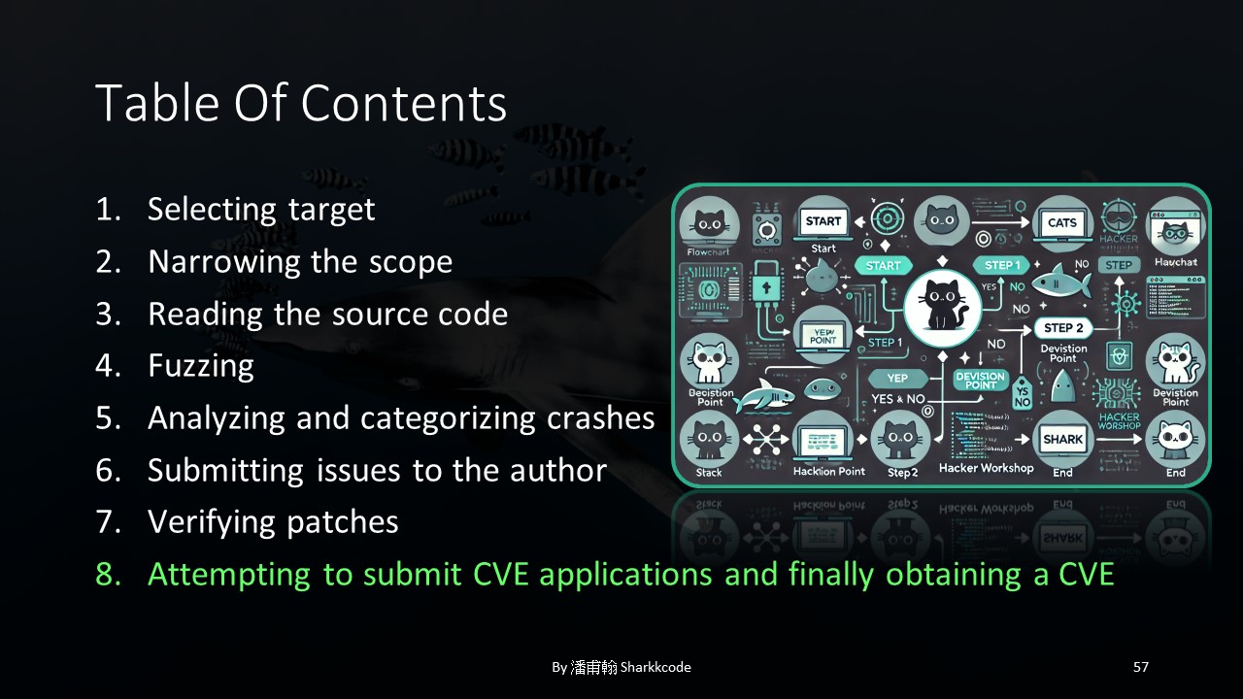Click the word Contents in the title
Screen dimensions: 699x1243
pyautogui.click(x=403, y=104)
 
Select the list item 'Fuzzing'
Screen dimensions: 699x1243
pyautogui.click(x=200, y=366)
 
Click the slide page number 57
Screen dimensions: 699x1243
pyautogui.click(x=1141, y=667)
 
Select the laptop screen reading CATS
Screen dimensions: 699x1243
pyautogui.click(x=1062, y=223)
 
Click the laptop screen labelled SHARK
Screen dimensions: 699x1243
pyautogui.click(x=1061, y=440)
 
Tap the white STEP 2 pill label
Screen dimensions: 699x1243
pyautogui.click(x=1063, y=328)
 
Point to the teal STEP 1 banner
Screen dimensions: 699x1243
pyautogui.click(x=1002, y=265)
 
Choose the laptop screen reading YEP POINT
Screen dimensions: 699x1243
pyautogui.click(x=823, y=335)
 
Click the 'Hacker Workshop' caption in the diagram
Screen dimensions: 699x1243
pyautogui.click(x=986, y=468)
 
